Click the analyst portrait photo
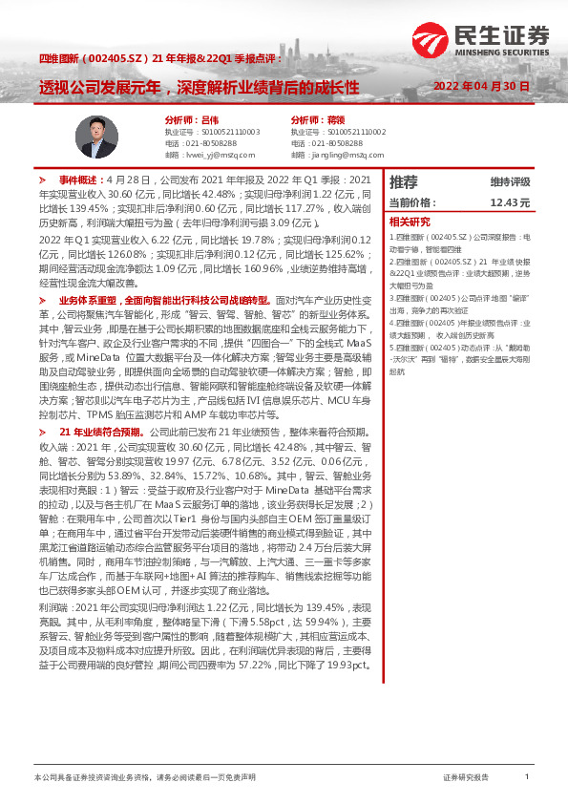coord(99,136)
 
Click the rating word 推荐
coord(404,181)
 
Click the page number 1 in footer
coord(527,777)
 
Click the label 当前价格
coord(411,202)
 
